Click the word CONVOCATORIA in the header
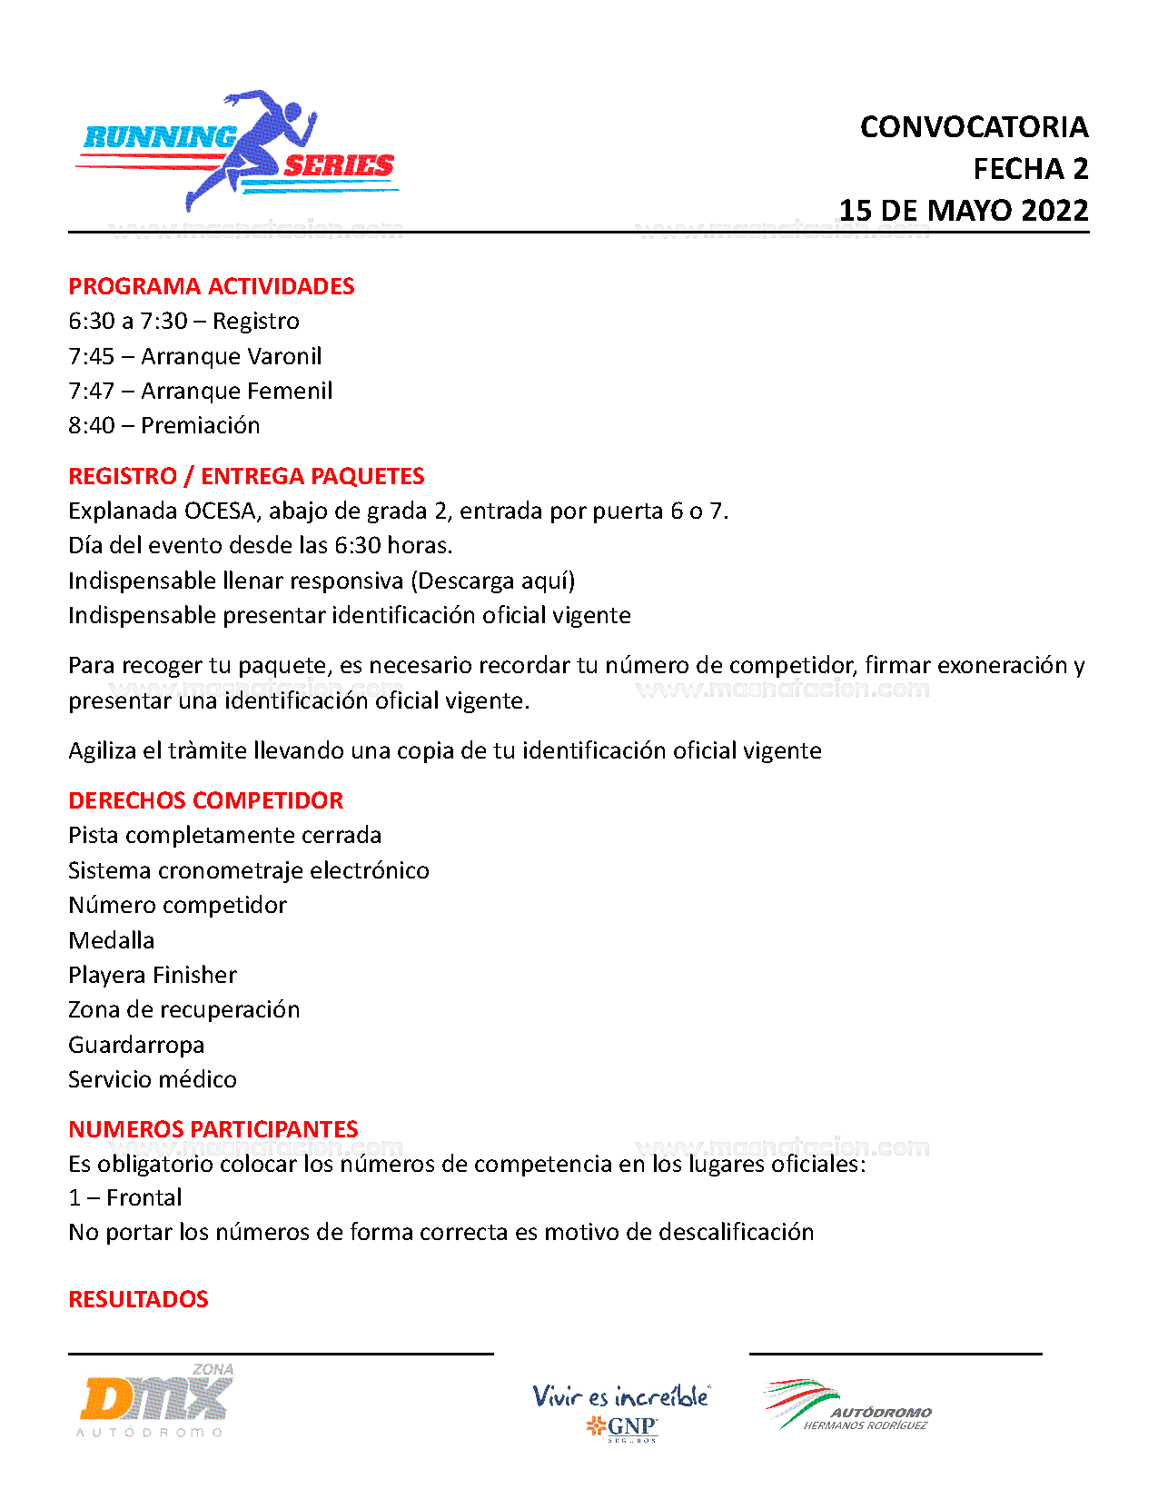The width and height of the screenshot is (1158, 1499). click(x=974, y=127)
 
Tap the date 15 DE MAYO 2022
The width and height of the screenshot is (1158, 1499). click(x=963, y=211)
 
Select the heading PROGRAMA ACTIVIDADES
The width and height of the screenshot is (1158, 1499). click(x=211, y=286)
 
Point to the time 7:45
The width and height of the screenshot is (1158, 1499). click(x=92, y=356)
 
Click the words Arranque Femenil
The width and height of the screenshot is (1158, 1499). click(x=236, y=391)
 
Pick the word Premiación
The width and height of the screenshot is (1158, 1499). click(x=200, y=425)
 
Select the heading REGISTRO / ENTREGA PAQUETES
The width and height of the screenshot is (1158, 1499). click(x=246, y=476)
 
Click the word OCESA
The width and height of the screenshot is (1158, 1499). click(x=220, y=511)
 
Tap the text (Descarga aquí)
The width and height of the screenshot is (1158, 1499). click(x=493, y=581)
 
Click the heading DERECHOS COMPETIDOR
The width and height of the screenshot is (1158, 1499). click(x=205, y=800)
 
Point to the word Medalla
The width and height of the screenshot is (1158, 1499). click(x=111, y=940)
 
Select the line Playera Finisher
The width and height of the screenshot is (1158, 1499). click(x=152, y=975)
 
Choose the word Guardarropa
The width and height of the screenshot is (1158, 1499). click(x=136, y=1045)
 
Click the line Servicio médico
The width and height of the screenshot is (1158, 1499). click(x=152, y=1079)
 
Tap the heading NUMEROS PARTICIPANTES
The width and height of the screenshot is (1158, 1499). click(x=213, y=1129)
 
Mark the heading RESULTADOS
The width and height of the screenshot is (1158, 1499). click(x=138, y=1299)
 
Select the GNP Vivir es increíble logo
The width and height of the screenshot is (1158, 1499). click(x=621, y=1411)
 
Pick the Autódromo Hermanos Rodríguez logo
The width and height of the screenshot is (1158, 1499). click(x=848, y=1406)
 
